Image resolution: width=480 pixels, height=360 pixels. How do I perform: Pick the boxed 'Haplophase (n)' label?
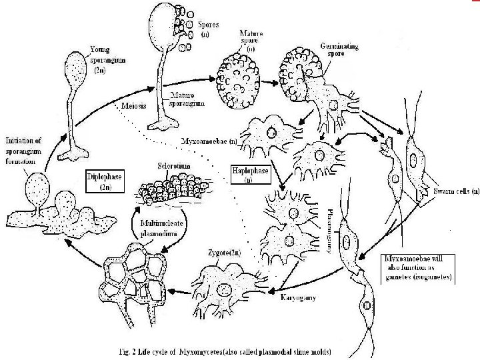tap(251, 175)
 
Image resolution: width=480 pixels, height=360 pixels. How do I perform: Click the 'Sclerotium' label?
tap(173, 163)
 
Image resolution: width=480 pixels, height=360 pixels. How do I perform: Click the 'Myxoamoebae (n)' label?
tap(209, 142)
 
